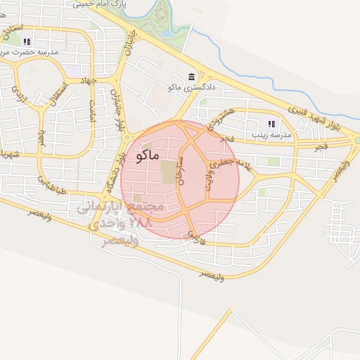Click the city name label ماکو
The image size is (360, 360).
[145, 155]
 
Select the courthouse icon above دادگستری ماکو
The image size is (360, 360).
[191, 76]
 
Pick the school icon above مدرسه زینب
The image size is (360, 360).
[271, 123]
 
